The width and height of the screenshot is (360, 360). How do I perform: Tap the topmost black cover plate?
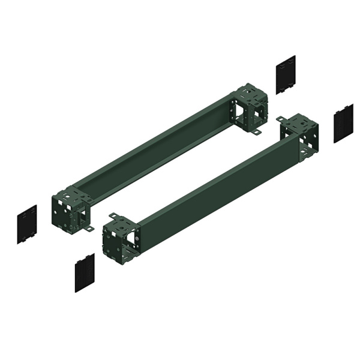286,74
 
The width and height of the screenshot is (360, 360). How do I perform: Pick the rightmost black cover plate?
343,124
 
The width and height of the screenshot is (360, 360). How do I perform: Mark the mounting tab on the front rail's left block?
111,215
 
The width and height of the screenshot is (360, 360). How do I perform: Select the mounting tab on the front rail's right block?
281,121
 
